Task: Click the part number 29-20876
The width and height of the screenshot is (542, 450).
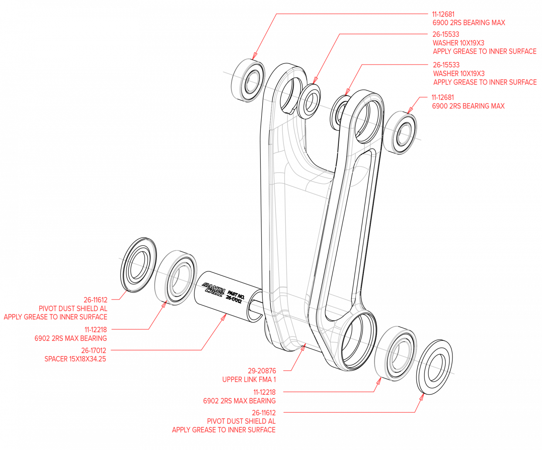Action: coord(262,371)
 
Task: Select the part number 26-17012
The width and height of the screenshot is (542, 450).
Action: coord(93,350)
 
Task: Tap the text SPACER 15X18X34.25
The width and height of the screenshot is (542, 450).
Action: coord(75,359)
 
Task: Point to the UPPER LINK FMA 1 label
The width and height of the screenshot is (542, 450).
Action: coord(249,379)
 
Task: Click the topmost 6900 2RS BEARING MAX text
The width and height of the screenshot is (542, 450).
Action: coord(469,23)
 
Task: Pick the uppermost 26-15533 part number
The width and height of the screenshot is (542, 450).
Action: coord(446,34)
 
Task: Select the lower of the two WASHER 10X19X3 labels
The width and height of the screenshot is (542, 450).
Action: coord(459,73)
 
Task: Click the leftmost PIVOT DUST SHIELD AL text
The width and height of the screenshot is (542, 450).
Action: coord(73,309)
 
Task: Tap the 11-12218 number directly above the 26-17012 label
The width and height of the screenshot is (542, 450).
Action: coord(95,330)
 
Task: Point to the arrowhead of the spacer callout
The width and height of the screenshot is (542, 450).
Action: coord(224,317)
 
